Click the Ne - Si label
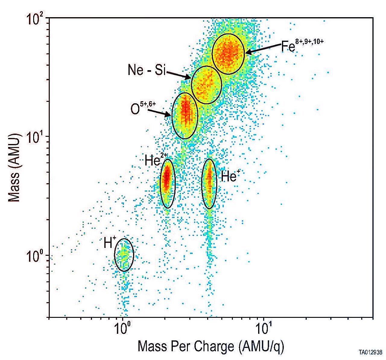(147, 70)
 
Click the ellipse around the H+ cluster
(124, 255)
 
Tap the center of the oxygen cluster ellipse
(185, 116)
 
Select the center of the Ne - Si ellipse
(207, 85)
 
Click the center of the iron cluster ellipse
(228, 54)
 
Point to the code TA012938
(370, 352)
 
